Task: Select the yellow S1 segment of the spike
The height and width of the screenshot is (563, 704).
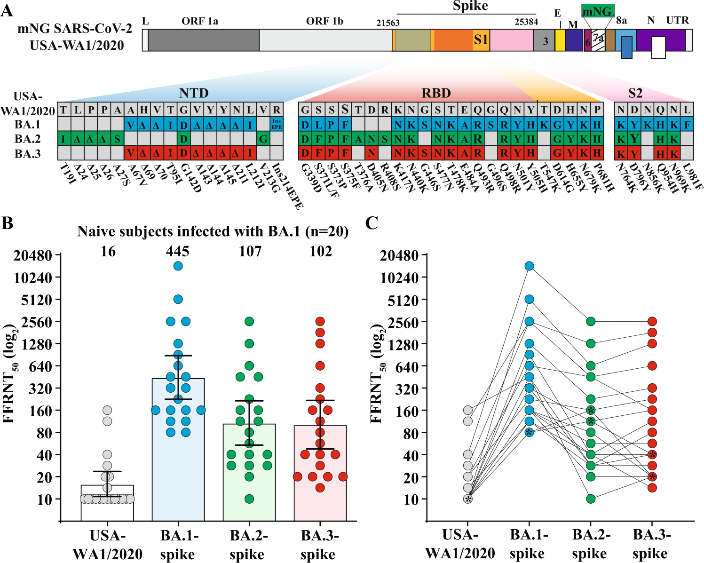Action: point(481,40)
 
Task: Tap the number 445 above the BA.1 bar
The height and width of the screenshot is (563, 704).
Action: point(178,252)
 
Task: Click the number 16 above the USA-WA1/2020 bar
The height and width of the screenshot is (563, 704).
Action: point(108,252)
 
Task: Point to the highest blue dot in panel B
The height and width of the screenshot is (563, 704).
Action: point(178,266)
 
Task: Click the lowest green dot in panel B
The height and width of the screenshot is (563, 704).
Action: point(249,499)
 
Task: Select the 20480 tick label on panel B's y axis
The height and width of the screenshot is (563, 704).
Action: point(32,256)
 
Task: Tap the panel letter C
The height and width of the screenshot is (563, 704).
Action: point(372,223)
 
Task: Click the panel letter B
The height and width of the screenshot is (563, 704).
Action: point(8,223)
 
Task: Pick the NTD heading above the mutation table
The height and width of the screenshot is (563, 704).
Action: point(194,93)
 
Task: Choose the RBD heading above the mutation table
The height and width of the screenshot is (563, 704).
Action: point(436,93)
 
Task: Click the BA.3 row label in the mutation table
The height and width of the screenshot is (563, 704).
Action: point(28,154)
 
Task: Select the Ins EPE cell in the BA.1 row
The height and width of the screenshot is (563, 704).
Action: point(277,124)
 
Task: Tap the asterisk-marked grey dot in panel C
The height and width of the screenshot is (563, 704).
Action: point(468,499)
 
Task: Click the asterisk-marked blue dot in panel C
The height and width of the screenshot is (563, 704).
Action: point(530,432)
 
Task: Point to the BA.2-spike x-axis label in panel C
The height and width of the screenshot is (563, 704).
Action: point(590,544)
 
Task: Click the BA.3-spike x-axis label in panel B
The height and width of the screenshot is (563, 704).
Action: point(319,545)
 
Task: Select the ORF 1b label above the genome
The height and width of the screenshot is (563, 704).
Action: point(324,21)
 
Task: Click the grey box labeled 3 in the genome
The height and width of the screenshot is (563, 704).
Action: point(545,41)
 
